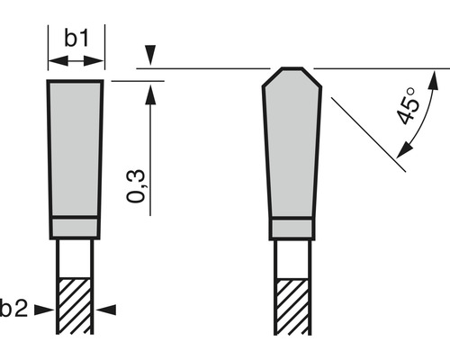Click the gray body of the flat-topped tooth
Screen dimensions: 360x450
[x=75, y=148]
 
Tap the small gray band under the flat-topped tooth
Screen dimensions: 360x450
[x=76, y=226]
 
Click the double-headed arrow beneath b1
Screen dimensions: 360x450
[x=76, y=60]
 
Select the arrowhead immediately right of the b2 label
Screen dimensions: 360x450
[x=44, y=310]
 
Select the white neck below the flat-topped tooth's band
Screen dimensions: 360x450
[x=76, y=256]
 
